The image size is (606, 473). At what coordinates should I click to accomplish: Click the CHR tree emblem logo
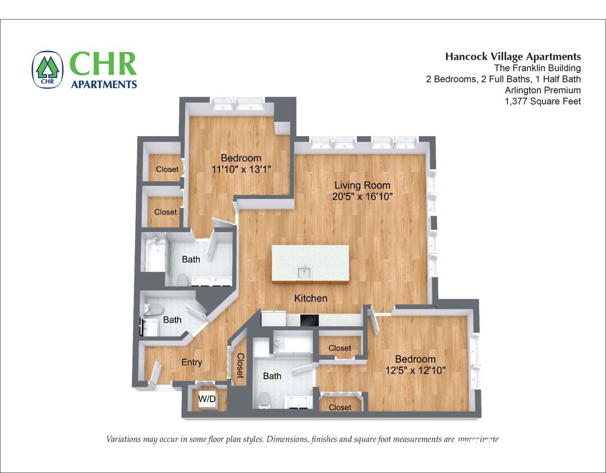click(x=48, y=70)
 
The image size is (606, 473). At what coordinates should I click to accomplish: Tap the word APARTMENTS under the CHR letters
click(x=104, y=85)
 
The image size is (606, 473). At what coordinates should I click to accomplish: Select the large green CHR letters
click(x=103, y=64)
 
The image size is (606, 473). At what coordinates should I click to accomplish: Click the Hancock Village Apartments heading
click(x=513, y=57)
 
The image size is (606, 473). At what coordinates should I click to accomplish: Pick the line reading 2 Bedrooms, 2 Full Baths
click(x=503, y=79)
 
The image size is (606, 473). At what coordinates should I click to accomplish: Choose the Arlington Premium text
click(x=543, y=90)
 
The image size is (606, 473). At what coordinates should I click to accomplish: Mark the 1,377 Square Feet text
click(x=543, y=101)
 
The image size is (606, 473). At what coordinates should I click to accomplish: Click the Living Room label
click(x=362, y=186)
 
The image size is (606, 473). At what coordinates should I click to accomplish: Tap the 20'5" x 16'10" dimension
click(x=362, y=197)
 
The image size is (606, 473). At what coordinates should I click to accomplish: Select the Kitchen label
click(x=310, y=298)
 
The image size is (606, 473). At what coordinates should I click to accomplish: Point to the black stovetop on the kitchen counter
click(x=309, y=321)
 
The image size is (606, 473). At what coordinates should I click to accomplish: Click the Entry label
click(x=191, y=363)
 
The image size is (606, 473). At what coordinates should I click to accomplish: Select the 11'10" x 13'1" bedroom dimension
click(x=241, y=169)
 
